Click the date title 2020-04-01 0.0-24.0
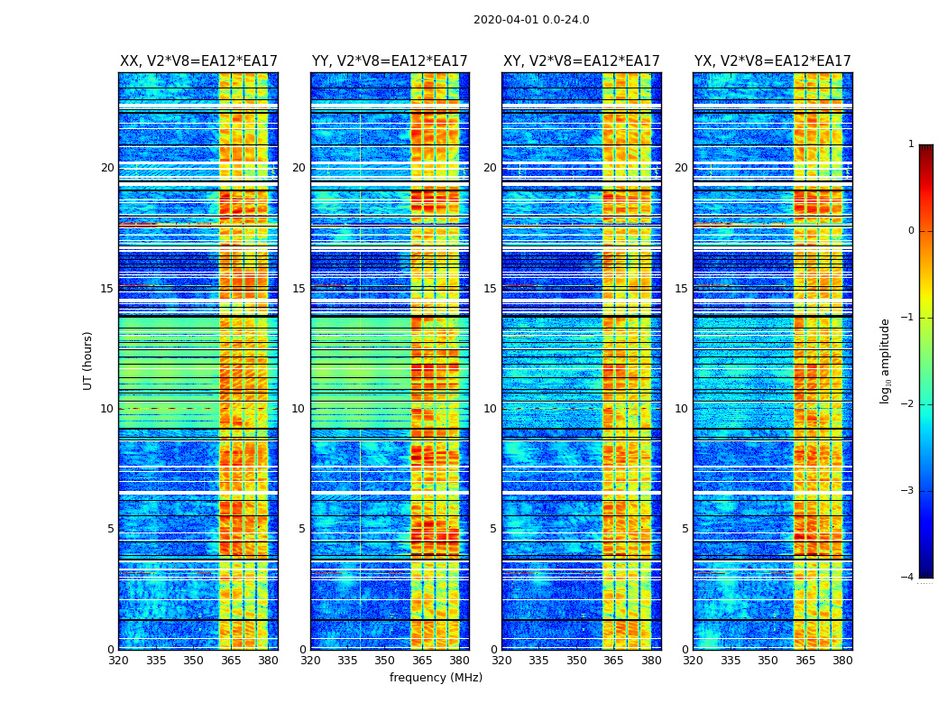click(531, 20)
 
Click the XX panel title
click(198, 61)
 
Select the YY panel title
click(390, 61)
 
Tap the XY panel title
click(582, 61)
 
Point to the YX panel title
click(773, 61)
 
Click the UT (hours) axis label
click(88, 360)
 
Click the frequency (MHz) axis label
click(436, 678)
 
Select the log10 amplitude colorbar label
click(886, 360)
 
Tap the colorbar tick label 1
click(911, 144)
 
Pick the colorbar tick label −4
click(909, 578)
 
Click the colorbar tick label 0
click(911, 231)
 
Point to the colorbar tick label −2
click(909, 404)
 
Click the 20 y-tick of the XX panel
click(107, 168)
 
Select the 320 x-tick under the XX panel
click(118, 661)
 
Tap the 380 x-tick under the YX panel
click(842, 661)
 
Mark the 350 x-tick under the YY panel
click(385, 661)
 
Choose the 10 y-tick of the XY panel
click(490, 409)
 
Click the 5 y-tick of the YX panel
click(685, 529)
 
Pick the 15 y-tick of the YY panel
click(299, 289)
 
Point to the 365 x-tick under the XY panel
click(614, 661)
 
